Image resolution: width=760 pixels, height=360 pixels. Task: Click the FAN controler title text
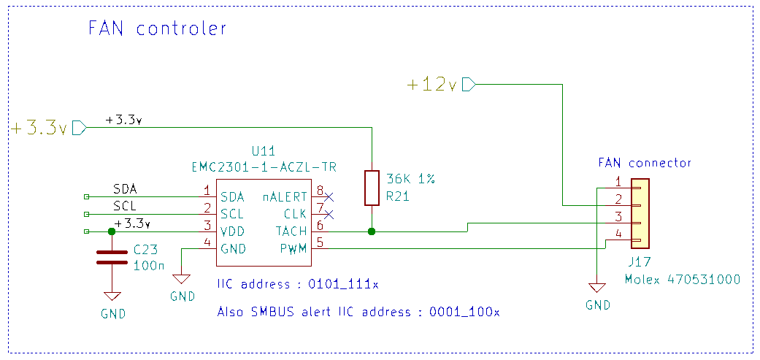pyautogui.click(x=157, y=29)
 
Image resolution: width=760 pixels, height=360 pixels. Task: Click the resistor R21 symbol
pyautogui.click(x=372, y=188)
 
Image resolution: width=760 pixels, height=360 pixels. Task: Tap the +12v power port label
pyautogui.click(x=431, y=85)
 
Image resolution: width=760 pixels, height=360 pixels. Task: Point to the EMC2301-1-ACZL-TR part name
pyautogui.click(x=264, y=166)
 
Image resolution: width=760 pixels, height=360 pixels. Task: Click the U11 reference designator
pyautogui.click(x=263, y=152)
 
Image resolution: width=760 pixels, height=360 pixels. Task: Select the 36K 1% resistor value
pyautogui.click(x=410, y=180)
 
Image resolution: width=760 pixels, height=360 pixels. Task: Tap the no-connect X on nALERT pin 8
pyautogui.click(x=329, y=196)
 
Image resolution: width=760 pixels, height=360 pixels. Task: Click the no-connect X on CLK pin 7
pyautogui.click(x=329, y=214)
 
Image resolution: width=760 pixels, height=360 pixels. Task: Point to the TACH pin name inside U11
pyautogui.click(x=291, y=231)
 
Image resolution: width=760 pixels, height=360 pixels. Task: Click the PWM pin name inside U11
pyautogui.click(x=294, y=249)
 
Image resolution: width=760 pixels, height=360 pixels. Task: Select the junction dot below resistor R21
pyautogui.click(x=372, y=231)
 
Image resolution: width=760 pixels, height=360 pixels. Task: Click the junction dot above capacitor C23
pyautogui.click(x=111, y=231)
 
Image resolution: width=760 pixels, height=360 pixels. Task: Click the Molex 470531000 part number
pyautogui.click(x=683, y=280)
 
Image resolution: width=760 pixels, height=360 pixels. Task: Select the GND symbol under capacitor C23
pyautogui.click(x=112, y=296)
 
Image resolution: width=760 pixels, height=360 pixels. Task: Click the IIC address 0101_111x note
pyautogui.click(x=298, y=283)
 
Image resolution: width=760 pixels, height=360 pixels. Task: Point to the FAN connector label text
pyautogui.click(x=644, y=163)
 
